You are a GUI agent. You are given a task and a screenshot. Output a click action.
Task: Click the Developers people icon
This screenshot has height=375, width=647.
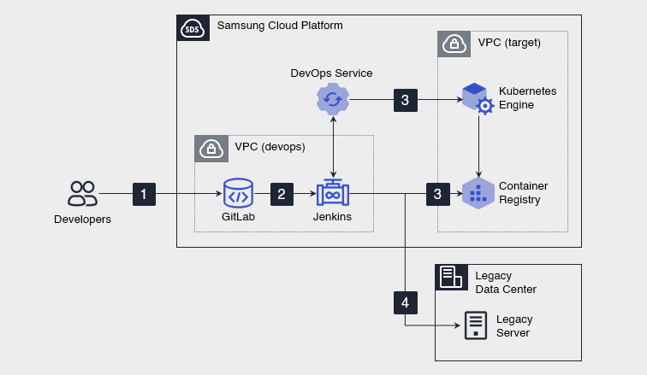82,194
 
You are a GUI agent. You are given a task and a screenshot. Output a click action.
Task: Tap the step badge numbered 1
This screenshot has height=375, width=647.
144,195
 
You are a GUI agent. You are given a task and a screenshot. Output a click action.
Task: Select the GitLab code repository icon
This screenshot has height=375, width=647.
238,194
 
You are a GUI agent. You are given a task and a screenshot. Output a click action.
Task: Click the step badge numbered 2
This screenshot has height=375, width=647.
282,195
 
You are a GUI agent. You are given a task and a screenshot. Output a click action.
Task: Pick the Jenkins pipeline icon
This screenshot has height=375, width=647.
332,194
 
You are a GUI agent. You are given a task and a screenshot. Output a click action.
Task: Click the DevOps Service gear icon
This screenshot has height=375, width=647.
332,100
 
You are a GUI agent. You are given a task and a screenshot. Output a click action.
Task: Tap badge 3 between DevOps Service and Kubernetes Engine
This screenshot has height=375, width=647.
405,100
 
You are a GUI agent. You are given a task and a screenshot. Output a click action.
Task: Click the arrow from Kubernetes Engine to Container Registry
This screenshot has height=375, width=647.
478,146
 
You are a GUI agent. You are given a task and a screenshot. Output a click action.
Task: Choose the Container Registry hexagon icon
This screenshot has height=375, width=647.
477,194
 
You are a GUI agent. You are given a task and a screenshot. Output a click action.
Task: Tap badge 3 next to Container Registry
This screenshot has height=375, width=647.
437,195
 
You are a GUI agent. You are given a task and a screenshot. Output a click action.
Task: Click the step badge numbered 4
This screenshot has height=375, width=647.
405,302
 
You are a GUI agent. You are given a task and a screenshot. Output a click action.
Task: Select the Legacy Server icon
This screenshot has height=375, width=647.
475,325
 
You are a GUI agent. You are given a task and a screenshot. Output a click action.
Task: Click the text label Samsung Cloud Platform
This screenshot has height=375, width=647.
280,26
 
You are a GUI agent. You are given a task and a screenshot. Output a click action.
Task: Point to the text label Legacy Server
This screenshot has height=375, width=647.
513,325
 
